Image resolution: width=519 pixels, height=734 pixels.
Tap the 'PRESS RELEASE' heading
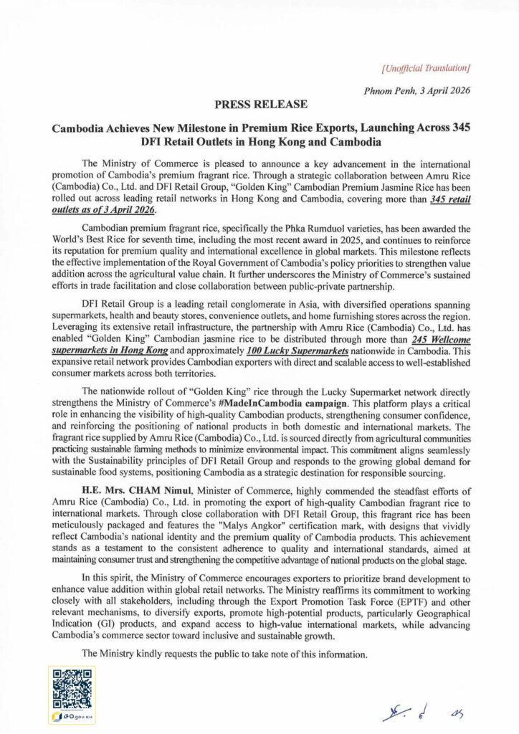(259, 105)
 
